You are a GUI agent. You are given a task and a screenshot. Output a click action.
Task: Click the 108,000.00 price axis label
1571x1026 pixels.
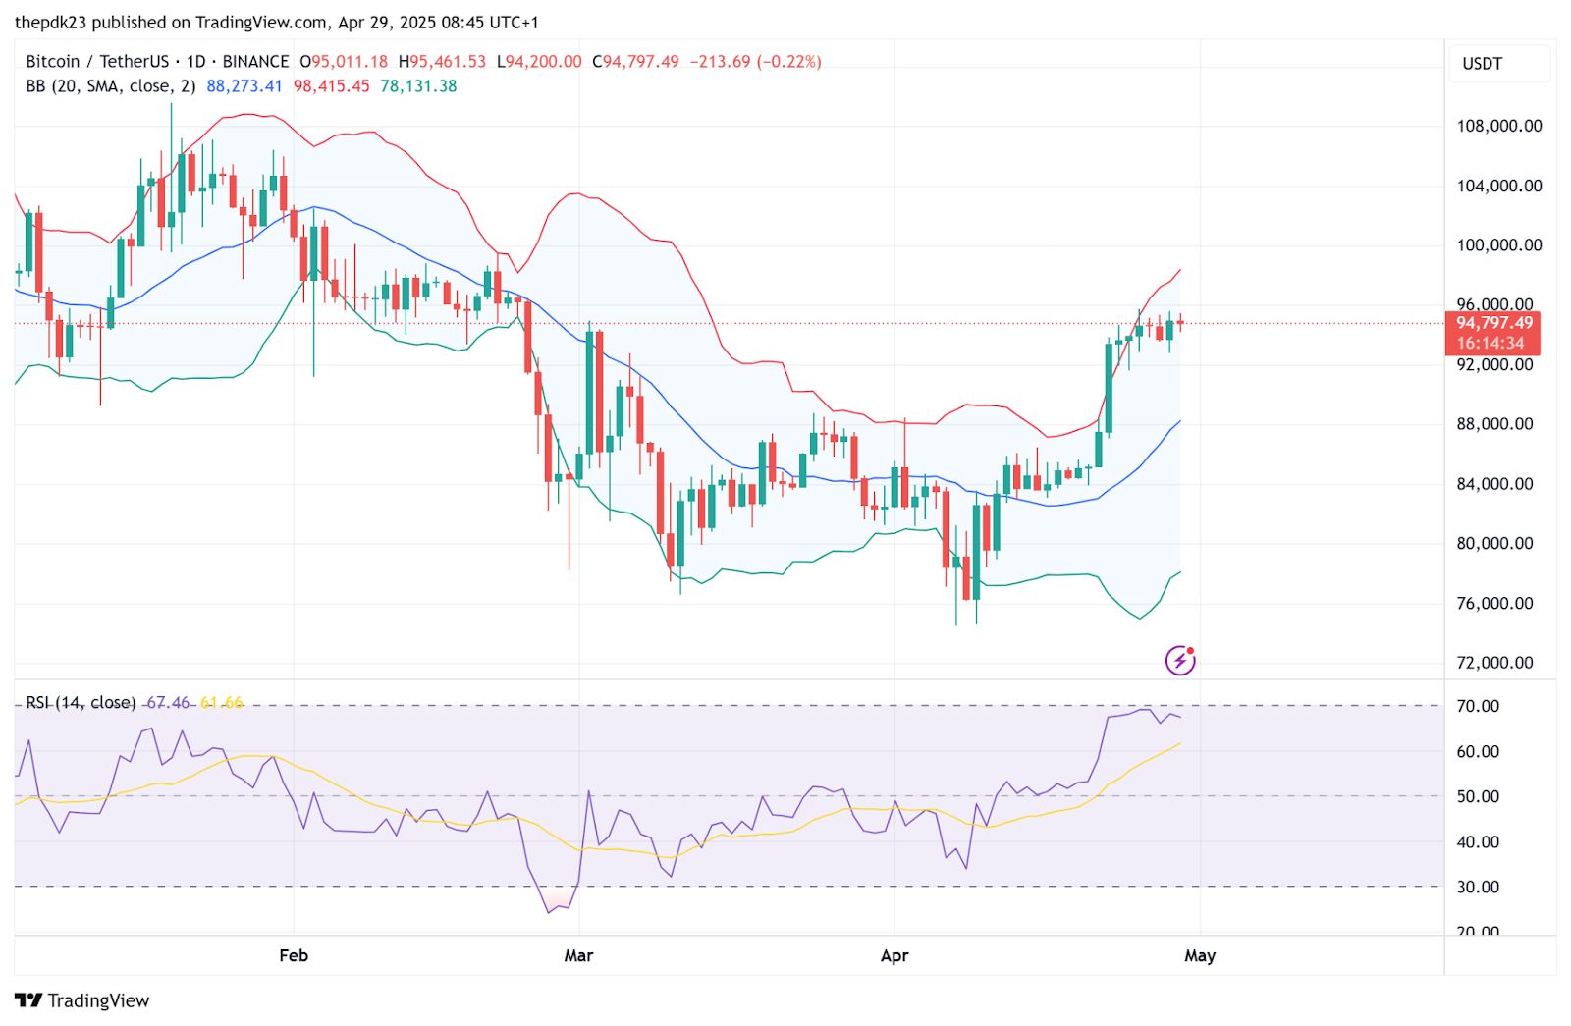click(1498, 126)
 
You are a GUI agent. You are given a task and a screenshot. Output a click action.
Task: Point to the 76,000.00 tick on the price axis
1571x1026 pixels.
click(1494, 604)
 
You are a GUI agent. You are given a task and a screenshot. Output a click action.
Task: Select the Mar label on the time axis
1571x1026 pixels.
click(578, 955)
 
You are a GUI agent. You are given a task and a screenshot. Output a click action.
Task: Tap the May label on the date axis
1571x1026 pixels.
click(1199, 955)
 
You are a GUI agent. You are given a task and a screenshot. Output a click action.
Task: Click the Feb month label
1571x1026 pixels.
click(294, 955)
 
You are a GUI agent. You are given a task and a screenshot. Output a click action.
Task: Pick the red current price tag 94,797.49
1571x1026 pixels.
click(1493, 323)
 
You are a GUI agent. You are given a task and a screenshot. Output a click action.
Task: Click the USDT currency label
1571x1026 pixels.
click(1482, 64)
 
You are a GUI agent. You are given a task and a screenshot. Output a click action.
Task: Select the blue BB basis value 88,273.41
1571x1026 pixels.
click(244, 86)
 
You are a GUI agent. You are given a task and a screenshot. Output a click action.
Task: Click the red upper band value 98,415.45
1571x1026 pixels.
click(332, 86)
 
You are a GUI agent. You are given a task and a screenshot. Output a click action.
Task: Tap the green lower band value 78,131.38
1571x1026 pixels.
click(418, 86)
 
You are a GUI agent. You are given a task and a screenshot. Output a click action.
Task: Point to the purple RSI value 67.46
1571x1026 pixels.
click(168, 703)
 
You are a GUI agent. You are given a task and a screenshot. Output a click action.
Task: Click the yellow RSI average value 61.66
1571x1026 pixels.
click(221, 703)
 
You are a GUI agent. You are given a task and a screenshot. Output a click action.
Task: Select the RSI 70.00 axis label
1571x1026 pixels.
click(1477, 706)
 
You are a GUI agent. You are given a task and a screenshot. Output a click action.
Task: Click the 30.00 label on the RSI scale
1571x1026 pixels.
click(1477, 887)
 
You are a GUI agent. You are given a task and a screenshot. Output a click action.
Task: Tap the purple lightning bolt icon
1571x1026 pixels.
click(1179, 661)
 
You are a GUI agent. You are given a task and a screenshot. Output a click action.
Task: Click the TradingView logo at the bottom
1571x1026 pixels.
click(82, 1000)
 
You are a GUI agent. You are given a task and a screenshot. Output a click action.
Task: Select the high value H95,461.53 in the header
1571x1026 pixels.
click(442, 62)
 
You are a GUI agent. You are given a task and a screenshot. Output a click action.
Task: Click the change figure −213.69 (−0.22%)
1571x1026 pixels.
click(755, 62)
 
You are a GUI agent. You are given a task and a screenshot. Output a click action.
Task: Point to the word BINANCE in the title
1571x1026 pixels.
click(255, 62)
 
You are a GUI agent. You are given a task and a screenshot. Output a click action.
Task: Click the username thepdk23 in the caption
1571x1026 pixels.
click(50, 22)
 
